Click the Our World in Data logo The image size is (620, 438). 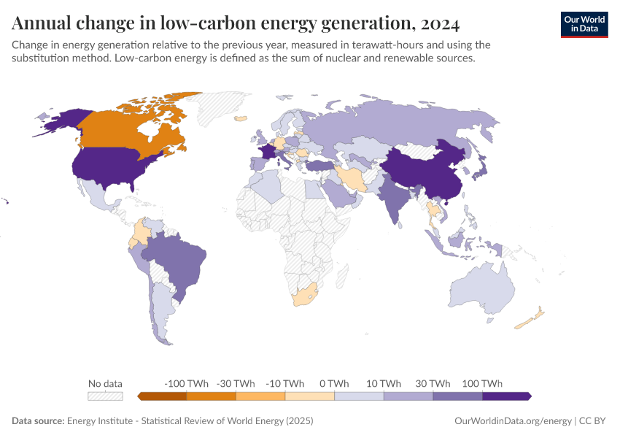(x=584, y=24)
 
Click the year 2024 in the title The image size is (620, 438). (x=440, y=24)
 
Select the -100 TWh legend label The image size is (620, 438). (x=187, y=383)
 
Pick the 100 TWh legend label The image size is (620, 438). (x=482, y=383)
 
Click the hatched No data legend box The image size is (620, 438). (x=105, y=396)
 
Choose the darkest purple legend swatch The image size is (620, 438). (x=505, y=396)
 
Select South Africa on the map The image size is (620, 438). (x=305, y=295)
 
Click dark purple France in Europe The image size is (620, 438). (x=267, y=152)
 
